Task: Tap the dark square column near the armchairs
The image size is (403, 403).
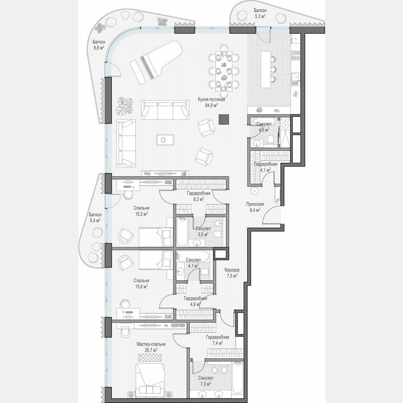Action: click(224, 120)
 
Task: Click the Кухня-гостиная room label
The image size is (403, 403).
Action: click(212, 99)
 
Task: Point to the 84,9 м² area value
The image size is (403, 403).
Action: click(212, 105)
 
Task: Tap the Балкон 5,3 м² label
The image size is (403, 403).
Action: click(260, 13)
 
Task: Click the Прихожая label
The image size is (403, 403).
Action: click(255, 204)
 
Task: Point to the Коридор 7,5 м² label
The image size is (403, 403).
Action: click(231, 272)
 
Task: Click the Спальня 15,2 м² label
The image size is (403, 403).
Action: click(141, 210)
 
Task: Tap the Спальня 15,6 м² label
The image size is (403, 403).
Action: click(141, 283)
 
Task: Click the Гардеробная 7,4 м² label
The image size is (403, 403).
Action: click(217, 340)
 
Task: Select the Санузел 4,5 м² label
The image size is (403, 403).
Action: click(264, 126)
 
